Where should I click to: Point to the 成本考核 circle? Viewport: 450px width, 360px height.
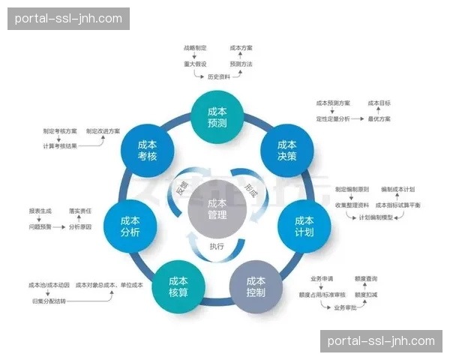tap(147, 150)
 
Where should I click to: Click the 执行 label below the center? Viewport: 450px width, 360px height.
tap(217, 246)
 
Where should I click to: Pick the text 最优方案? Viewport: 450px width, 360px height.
tap(379, 118)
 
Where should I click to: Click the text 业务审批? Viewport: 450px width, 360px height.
tap(346, 307)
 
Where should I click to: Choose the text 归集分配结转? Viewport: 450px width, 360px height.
tap(49, 300)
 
